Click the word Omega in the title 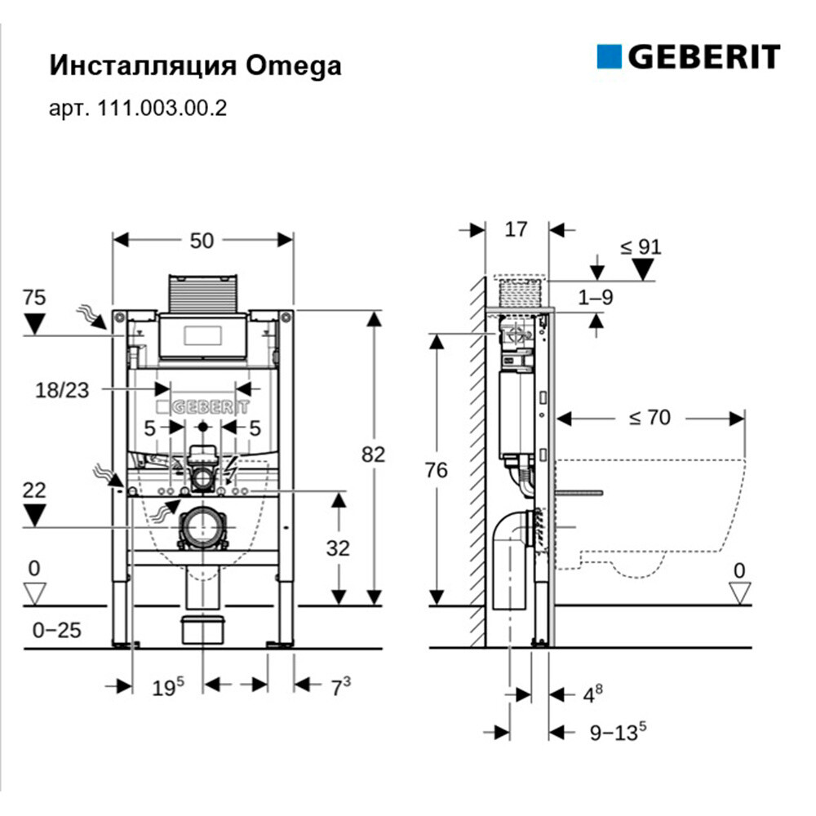coord(292,65)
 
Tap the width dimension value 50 coord(202,240)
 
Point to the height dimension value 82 coord(373,454)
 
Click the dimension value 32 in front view coord(337,548)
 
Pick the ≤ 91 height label coord(641,246)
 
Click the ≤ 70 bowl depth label coord(649,418)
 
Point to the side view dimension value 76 coord(438,472)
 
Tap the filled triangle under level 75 coord(34,323)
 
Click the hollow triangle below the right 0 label coord(740,594)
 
